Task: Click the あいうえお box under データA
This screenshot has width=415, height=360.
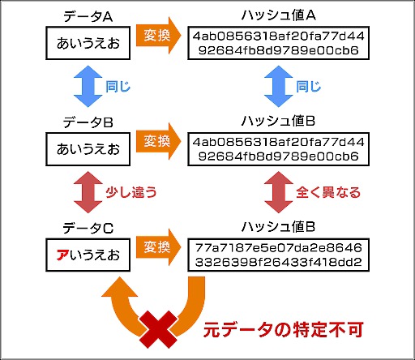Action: pyautogui.click(x=87, y=45)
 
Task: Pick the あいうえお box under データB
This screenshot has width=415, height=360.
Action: pyautogui.click(x=87, y=149)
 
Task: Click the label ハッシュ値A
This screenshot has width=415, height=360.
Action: pyautogui.click(x=278, y=17)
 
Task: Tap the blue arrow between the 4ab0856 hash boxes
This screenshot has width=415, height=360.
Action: pyautogui.click(x=278, y=85)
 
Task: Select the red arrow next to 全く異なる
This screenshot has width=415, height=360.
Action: pyautogui.click(x=278, y=192)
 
